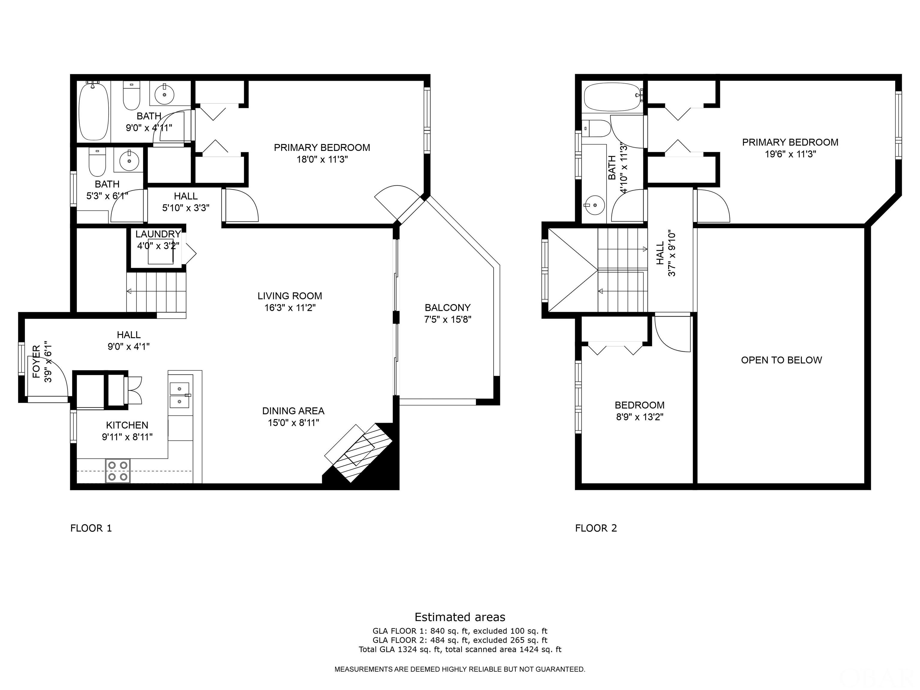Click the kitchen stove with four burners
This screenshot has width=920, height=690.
118,470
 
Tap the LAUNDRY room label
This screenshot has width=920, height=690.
158,234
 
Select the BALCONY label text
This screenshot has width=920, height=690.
447,308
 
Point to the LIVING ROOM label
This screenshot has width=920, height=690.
290,296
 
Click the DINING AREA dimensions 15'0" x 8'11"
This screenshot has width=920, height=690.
293,423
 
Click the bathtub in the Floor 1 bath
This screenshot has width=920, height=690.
94,111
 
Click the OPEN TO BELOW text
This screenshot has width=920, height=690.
782,360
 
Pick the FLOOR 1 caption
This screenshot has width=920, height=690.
91,528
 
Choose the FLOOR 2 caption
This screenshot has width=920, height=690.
596,528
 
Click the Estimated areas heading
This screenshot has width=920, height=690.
460,617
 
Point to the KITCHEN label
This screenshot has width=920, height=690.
127,425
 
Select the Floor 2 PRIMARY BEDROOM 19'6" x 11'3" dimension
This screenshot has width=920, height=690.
790,154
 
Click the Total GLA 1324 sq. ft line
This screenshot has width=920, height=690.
460,649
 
